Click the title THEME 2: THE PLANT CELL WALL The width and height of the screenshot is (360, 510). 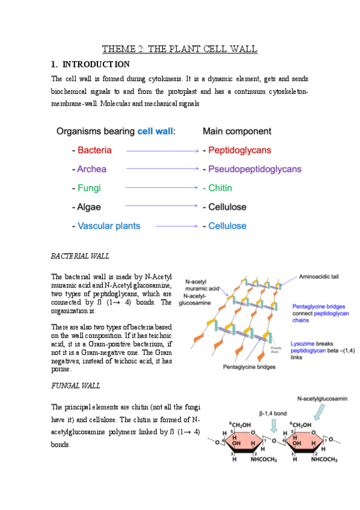[x=180, y=49]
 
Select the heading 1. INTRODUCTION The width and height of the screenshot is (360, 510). [x=90, y=64]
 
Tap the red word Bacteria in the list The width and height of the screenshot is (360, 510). [x=94, y=150]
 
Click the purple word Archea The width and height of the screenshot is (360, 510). [x=93, y=169]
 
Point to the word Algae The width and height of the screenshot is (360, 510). [x=90, y=207]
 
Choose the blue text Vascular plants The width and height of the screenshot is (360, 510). [x=109, y=226]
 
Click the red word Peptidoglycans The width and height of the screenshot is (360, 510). [x=240, y=150]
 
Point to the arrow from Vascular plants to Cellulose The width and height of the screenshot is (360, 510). [x=177, y=227]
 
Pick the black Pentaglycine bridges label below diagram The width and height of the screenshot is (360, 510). [x=248, y=366]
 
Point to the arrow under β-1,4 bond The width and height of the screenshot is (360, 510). [x=274, y=426]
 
